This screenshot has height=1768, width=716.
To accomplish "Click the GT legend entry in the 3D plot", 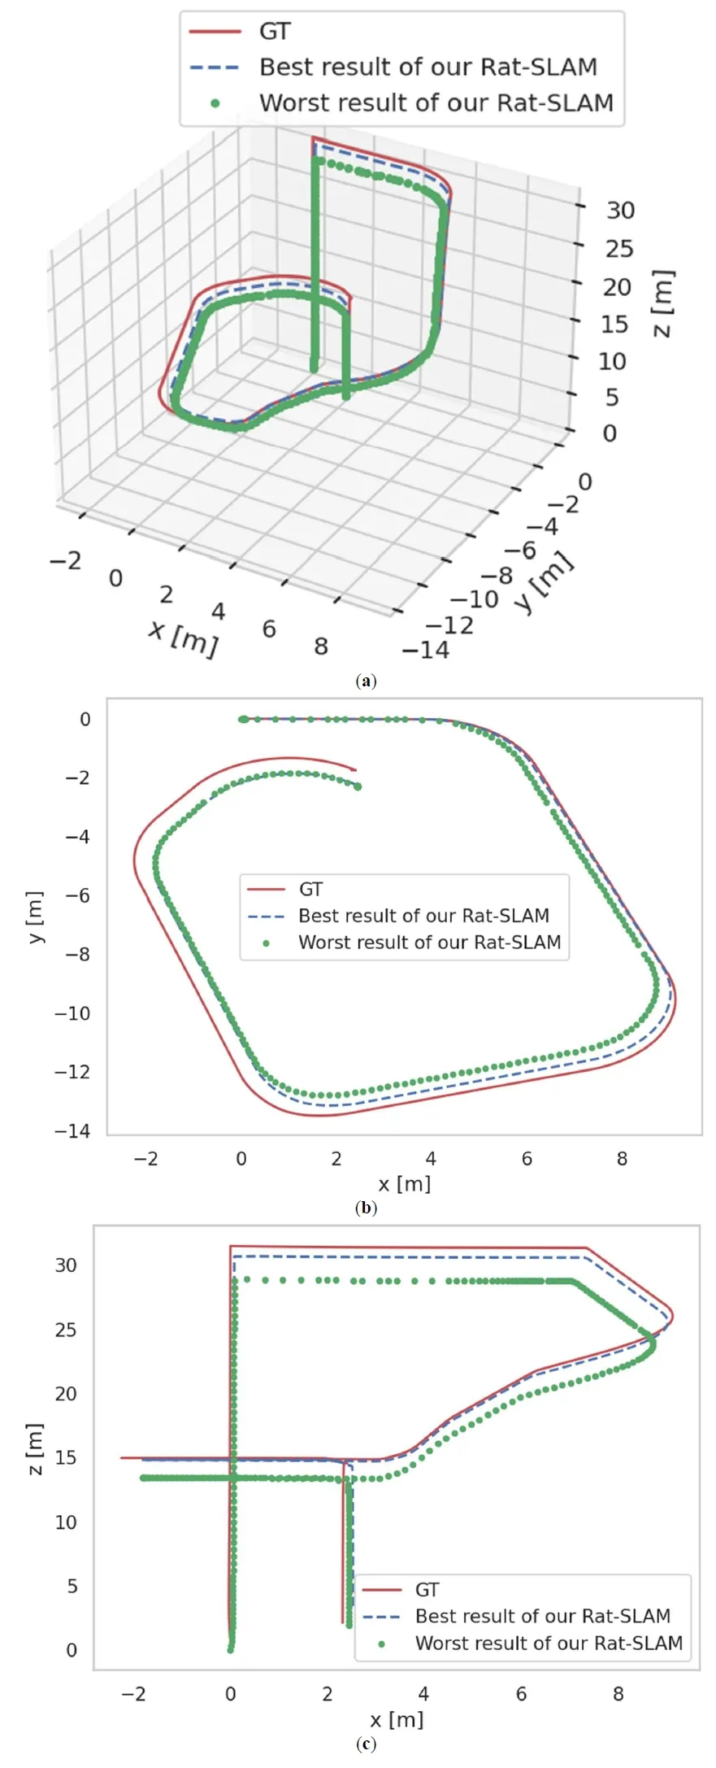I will point(274,32).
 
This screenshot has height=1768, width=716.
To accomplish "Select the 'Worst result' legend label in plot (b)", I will point(429,943).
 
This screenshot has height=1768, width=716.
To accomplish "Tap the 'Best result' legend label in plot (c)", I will point(542,1616).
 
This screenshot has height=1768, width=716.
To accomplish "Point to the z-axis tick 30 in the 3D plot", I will point(620,210).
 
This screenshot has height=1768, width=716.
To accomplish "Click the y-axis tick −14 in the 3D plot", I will point(425,650).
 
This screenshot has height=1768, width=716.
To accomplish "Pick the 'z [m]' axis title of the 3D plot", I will point(664,303).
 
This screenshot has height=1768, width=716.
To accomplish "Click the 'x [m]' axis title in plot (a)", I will point(184,638).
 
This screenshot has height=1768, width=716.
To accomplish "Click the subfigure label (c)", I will point(366,1744).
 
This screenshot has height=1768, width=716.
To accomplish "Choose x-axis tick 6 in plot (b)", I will point(527,1158).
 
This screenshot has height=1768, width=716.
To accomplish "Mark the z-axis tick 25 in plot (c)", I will point(66,1330).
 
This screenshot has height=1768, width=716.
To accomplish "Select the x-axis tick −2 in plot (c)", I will point(133,1693).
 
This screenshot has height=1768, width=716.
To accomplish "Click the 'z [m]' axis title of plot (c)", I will point(34,1449).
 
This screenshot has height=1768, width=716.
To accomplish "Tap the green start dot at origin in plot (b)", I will point(242,719).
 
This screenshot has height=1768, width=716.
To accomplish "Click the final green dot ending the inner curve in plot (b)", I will point(357,786).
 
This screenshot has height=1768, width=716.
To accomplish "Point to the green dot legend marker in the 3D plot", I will point(215,103).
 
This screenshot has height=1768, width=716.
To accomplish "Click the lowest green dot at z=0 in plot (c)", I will point(231,1648).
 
